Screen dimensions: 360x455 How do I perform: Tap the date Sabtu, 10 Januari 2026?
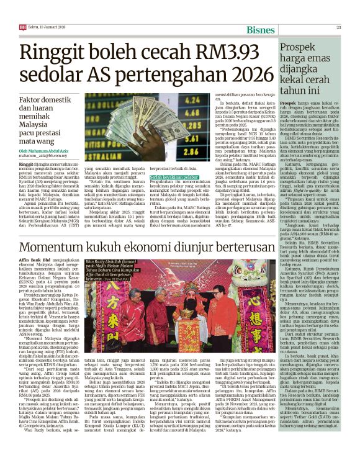tap(43, 9)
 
